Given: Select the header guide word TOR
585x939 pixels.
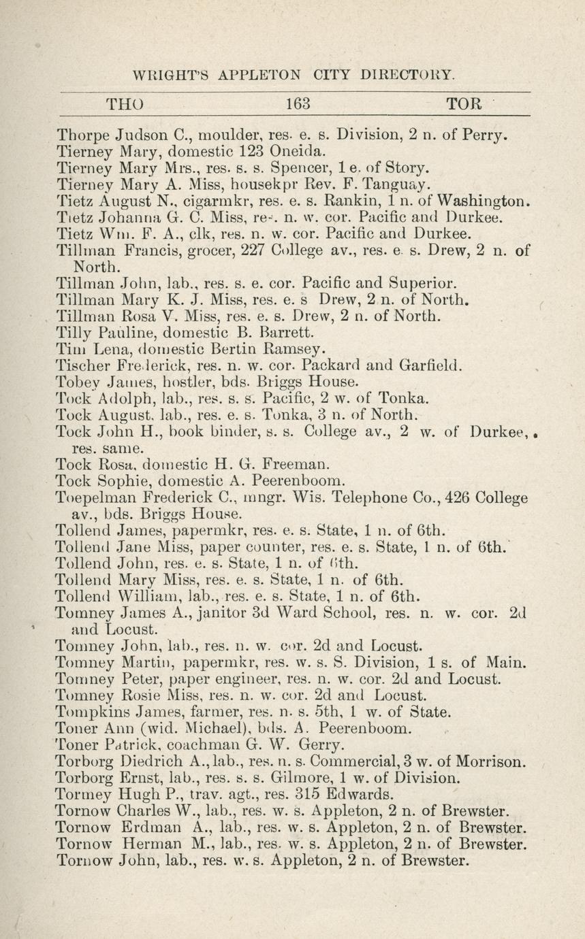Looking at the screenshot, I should [x=464, y=104].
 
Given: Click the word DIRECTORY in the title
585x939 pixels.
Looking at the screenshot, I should [x=407, y=74].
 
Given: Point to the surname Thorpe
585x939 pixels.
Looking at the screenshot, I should [x=82, y=134].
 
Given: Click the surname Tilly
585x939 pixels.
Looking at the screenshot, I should [x=72, y=333].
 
